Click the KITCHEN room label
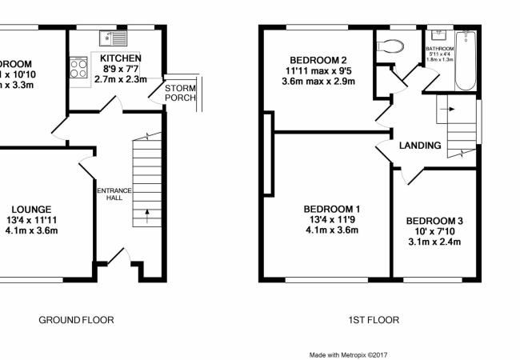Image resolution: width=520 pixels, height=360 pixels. click(121, 58)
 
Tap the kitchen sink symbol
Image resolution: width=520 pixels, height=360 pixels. click(110, 38)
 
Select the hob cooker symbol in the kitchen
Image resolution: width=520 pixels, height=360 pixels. click(79, 67)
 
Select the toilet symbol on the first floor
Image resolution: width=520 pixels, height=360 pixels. click(390, 46)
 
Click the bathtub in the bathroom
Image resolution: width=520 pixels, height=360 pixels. click(465, 61)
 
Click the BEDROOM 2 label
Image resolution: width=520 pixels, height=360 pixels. click(318, 60)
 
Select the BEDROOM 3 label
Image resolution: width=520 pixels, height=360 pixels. click(434, 220)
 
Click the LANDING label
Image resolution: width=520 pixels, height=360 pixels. click(420, 146)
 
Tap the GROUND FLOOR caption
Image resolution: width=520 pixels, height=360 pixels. click(76, 320)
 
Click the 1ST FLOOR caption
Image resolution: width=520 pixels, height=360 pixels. click(373, 320)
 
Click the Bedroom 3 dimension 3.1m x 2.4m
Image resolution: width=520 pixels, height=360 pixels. click(434, 242)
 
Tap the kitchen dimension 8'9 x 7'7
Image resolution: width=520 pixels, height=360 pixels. click(121, 69)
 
